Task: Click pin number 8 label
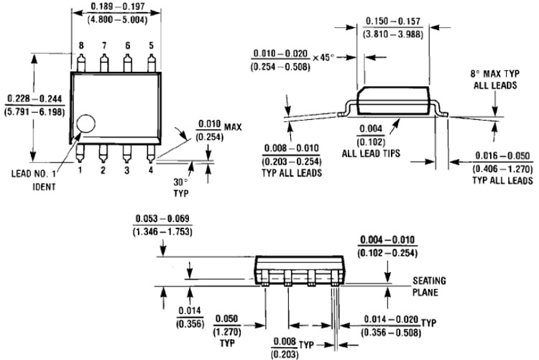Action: tap(80, 46)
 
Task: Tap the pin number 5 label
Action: tap(151, 46)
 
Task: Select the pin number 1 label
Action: tap(80, 170)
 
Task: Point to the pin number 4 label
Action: tap(151, 170)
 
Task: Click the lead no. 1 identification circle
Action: tap(86, 124)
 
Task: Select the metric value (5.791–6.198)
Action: tap(34, 112)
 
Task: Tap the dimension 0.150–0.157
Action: tap(393, 22)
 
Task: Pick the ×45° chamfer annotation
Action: tap(323, 57)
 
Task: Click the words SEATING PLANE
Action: tap(429, 287)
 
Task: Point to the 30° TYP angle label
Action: tap(181, 188)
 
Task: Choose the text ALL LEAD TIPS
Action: tap(371, 153)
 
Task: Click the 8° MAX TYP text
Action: tap(495, 74)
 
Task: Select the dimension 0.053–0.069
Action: tap(162, 218)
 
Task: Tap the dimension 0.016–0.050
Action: tap(502, 156)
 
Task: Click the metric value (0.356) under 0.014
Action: tap(190, 324)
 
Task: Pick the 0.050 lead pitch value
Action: tap(226, 319)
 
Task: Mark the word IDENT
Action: tap(44, 187)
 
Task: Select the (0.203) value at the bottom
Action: tap(285, 354)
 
